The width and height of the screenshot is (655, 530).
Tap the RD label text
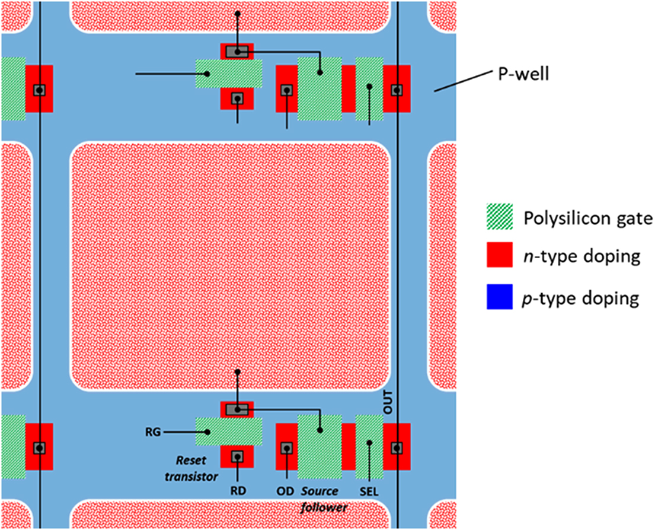coord(237,491)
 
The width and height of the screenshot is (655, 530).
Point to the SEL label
coord(369,492)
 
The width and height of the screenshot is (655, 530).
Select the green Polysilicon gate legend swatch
coord(499,218)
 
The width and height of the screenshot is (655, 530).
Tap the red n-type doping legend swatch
coord(499,257)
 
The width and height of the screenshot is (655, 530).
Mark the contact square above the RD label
coord(237,456)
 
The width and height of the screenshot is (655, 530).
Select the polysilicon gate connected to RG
coord(228,431)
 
